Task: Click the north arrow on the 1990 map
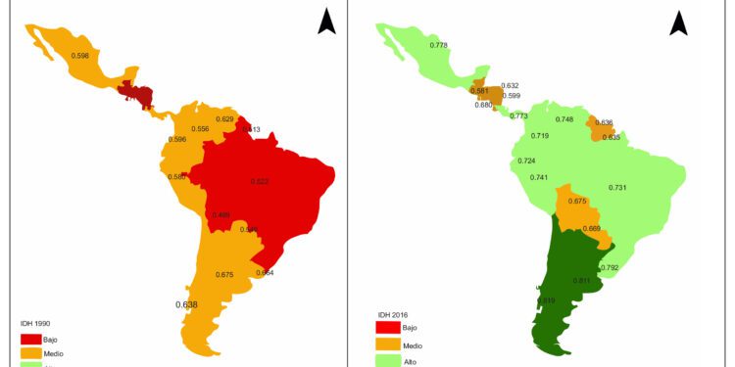tap(326, 21)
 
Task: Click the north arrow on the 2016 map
tap(678, 21)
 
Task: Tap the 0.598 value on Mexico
tap(81, 55)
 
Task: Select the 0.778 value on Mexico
tap(440, 45)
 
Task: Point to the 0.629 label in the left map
tap(224, 118)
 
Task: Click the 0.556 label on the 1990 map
tap(200, 129)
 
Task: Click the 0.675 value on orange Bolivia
tap(577, 202)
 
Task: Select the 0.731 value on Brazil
tap(617, 187)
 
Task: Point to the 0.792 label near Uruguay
tap(609, 267)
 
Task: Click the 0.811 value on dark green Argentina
tap(580, 281)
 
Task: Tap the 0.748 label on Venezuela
tap(563, 119)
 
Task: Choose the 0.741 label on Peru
tap(538, 177)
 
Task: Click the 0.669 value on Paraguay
tap(591, 228)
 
